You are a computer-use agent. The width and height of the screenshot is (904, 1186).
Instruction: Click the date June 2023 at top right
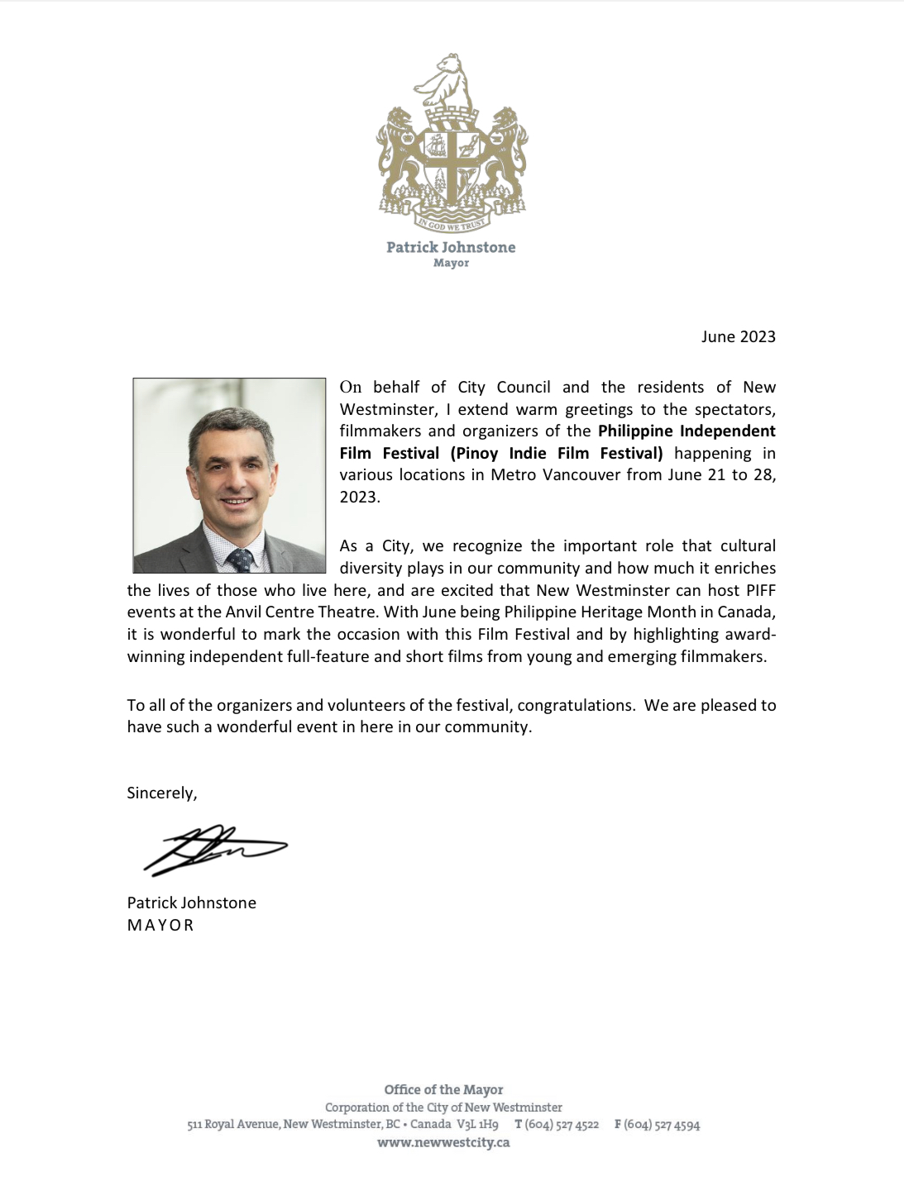(738, 336)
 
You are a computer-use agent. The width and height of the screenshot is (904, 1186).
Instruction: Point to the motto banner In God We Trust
(452, 223)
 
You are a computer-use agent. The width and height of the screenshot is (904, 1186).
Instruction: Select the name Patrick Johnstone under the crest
(451, 247)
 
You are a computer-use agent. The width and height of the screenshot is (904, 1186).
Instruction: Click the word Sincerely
(161, 793)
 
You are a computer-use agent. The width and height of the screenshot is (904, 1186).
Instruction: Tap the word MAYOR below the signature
(160, 925)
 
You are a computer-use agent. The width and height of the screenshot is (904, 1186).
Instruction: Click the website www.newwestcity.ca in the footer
(443, 1143)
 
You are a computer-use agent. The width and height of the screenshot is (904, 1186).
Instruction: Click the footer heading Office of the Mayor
(443, 1089)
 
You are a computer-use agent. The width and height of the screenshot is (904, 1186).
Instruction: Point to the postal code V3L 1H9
(477, 1125)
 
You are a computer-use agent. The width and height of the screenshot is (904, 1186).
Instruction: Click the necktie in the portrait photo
(241, 560)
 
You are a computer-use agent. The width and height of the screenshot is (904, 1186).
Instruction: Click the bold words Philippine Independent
(686, 431)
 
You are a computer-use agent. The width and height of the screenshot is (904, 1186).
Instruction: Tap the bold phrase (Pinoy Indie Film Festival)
(557, 453)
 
